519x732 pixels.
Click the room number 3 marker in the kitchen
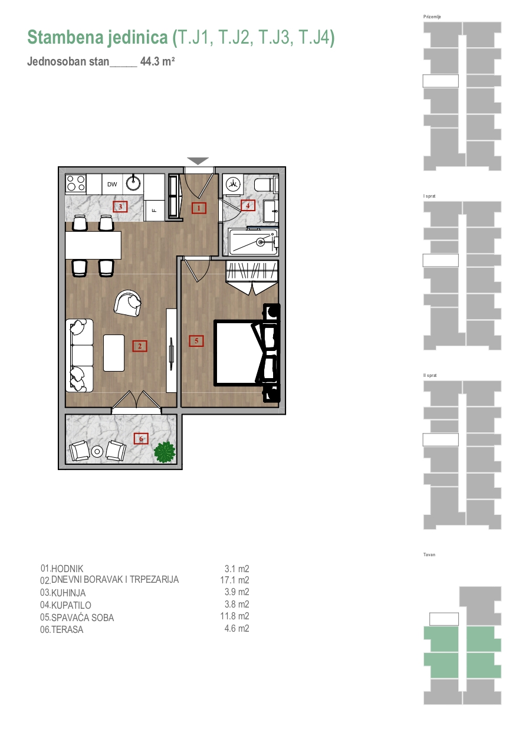coord(120,206)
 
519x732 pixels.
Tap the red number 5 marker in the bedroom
coord(196,341)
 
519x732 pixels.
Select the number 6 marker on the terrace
coord(141,438)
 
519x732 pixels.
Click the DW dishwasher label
coord(112,184)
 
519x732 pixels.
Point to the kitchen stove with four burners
coord(76,183)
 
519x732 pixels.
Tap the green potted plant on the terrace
coord(165,452)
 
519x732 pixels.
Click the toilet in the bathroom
coord(266,185)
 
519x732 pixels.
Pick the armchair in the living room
coord(128,303)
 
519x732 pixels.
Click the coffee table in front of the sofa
coord(114,353)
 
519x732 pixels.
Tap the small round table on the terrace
coord(97,452)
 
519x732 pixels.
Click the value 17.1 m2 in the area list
coord(235,580)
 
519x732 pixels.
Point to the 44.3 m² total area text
coord(157,61)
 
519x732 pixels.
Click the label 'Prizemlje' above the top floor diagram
coord(432,17)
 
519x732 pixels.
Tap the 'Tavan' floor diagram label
coord(429,554)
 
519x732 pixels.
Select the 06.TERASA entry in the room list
coord(62,629)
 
